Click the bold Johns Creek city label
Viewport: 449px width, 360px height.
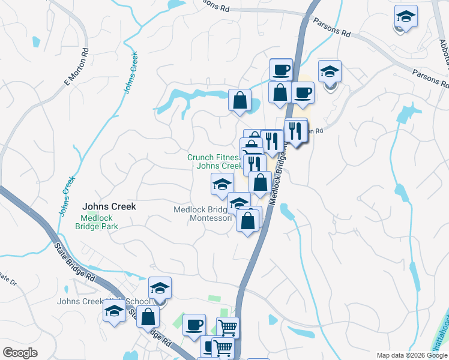tap(109, 206)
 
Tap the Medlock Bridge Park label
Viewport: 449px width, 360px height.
tap(97, 222)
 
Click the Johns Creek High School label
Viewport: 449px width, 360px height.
tap(103, 301)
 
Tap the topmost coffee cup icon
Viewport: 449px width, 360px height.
tap(280, 70)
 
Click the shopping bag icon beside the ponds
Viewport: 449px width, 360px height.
tap(240, 100)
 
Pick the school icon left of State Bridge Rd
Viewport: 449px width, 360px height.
tap(114, 311)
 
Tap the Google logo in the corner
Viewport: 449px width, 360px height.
tap(20, 353)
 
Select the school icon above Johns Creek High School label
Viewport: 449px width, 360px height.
tap(160, 288)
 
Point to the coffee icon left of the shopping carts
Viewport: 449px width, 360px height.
tap(194, 325)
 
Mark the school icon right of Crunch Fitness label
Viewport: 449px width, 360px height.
tap(222, 184)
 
